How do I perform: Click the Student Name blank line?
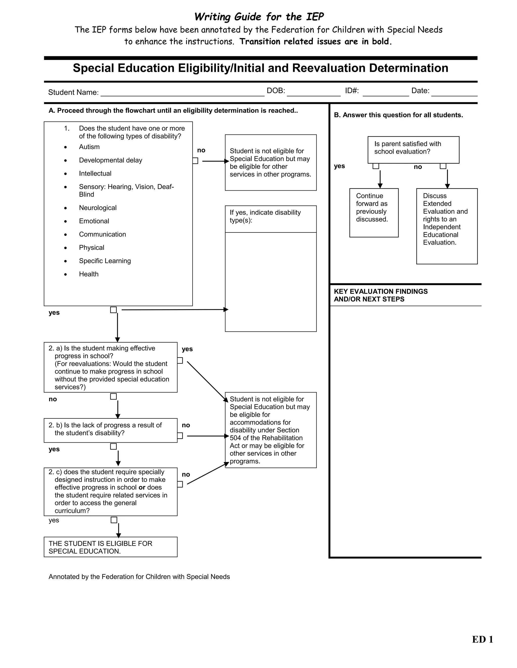tap(182, 93)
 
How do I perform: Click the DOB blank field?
tap(313, 93)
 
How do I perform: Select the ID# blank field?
tap(386, 93)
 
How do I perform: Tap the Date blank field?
tap(454, 93)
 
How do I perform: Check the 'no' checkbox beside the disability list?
tap(195, 161)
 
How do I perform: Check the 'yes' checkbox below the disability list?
tap(113, 310)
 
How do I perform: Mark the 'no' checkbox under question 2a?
tap(113, 397)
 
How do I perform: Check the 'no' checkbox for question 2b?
tap(180, 436)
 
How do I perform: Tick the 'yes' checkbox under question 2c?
tap(114, 520)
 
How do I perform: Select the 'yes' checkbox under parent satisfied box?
tap(376, 166)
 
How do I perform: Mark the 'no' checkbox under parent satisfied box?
tap(443, 166)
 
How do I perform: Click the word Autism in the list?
tap(89, 147)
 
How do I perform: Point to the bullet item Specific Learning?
tap(105, 261)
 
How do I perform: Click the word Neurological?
tap(98, 208)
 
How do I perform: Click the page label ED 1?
tap(482, 639)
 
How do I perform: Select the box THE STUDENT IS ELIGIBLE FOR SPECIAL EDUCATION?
tap(110, 547)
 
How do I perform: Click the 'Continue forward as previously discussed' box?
tap(374, 212)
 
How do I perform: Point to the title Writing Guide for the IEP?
tap(259, 17)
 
